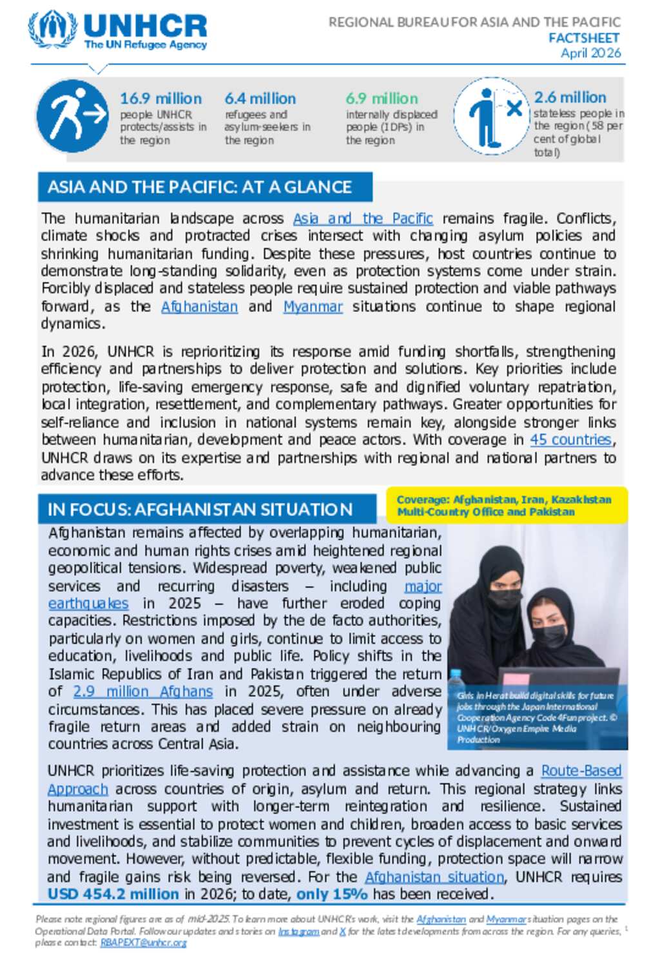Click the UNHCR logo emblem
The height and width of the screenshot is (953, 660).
pos(52,30)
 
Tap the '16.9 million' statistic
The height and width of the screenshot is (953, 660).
pos(160,99)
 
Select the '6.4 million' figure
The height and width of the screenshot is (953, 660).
pos(260,99)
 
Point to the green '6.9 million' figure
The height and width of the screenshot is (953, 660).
pos(382,99)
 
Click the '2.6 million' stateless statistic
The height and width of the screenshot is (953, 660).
pos(570,97)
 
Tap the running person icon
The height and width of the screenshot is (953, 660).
pos(73,117)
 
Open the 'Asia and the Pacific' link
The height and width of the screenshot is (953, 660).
pos(362,218)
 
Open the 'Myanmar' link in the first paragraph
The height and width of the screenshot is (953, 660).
pos(313,307)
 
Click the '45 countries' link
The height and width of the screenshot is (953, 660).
pos(570,439)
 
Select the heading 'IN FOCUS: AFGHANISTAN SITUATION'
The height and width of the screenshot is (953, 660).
pos(200,509)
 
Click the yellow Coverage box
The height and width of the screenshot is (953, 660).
pos(506,506)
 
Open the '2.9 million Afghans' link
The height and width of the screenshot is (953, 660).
pos(142,691)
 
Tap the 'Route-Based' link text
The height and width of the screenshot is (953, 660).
pos(581,771)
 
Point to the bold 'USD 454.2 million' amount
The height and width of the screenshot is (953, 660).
pos(113,894)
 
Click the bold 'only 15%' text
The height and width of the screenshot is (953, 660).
pos(331,894)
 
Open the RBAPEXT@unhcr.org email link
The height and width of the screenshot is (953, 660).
pos(143,942)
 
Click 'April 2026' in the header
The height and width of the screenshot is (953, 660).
pos(590,53)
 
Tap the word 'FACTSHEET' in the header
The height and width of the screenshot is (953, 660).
pos(584,38)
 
